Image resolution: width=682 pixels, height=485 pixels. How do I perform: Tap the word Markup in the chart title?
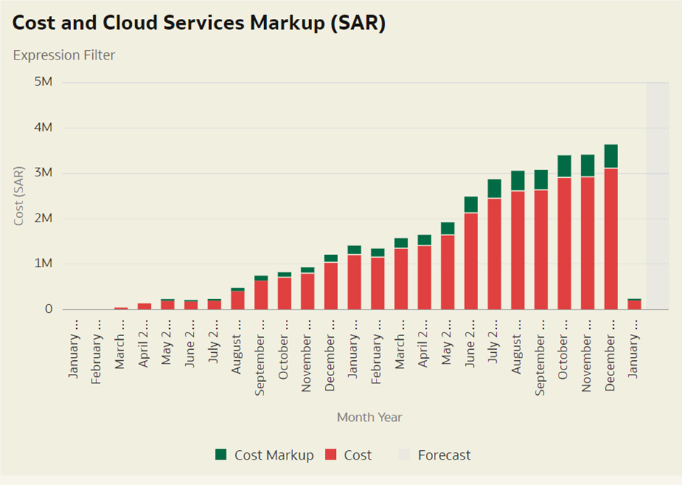tap(286, 23)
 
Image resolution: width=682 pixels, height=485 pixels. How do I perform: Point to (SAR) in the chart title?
tap(358, 23)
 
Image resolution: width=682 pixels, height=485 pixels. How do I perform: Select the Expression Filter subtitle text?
tap(64, 55)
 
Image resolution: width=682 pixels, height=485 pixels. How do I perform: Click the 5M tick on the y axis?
tap(44, 82)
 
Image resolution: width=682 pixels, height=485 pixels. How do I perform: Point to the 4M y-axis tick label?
tap(44, 128)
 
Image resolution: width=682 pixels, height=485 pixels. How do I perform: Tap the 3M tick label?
tap(44, 173)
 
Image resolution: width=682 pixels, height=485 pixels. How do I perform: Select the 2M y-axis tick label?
tap(44, 219)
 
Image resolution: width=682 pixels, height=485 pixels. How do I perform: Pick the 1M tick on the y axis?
tap(44, 264)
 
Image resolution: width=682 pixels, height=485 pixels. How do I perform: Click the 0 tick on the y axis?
tap(49, 309)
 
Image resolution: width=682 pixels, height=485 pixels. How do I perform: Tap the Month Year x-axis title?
tap(369, 417)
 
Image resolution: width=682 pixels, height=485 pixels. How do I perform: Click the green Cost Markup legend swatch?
tap(221, 455)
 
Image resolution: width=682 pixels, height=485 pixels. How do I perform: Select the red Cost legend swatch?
tap(331, 455)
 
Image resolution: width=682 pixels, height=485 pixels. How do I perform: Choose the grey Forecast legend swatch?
tap(405, 455)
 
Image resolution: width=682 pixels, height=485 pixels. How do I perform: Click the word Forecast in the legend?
tap(444, 455)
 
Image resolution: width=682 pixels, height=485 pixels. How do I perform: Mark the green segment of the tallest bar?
tap(611, 156)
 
